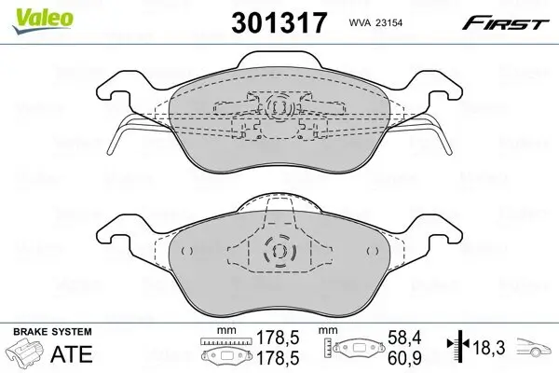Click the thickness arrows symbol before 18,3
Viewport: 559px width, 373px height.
click(x=457, y=349)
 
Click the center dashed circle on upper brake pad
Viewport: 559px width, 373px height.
click(x=279, y=110)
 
